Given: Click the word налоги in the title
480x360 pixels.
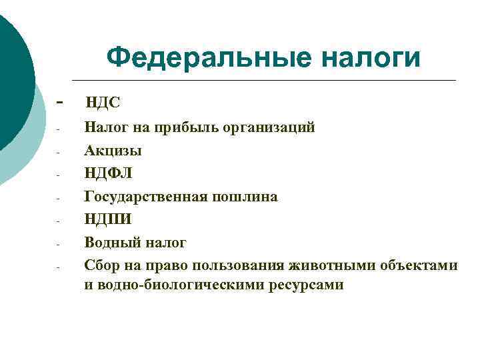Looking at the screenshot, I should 371,58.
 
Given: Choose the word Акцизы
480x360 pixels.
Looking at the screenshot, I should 113,151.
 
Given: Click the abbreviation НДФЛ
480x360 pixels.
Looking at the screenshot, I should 109,174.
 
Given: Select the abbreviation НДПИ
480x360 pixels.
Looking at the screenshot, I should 108,220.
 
